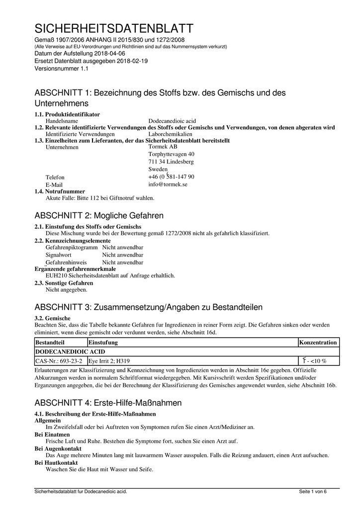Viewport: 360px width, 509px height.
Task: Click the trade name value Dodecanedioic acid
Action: pos(172,121)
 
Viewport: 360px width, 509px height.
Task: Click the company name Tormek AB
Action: pos(163,147)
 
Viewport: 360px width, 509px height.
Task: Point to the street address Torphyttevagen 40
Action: pos(171,154)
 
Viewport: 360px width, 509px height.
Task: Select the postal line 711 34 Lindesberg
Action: pos(171,162)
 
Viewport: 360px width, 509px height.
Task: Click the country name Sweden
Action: pos(158,170)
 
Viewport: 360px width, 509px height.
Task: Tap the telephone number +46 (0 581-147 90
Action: pos(171,177)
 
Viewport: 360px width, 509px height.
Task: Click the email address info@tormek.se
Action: pos(168,184)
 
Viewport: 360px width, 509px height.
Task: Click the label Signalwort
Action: pos(59,254)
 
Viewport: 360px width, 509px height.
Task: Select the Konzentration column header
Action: pos(318,342)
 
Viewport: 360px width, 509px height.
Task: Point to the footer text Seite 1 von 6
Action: pos(313,492)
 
